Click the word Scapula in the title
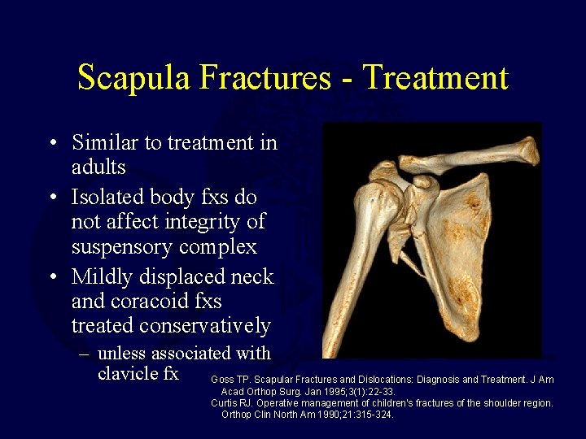[x=133, y=78]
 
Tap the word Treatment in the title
[x=435, y=78]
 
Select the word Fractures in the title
[x=265, y=78]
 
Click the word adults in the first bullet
[x=98, y=168]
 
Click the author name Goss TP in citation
[x=230, y=380]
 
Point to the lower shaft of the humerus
[x=339, y=325]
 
